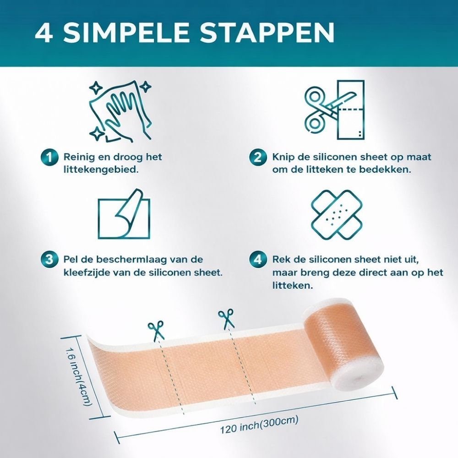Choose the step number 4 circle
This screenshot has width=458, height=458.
pos(257,260)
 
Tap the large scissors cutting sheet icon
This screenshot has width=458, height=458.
pos(334,110)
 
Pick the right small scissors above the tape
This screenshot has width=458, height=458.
pos(226,318)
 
